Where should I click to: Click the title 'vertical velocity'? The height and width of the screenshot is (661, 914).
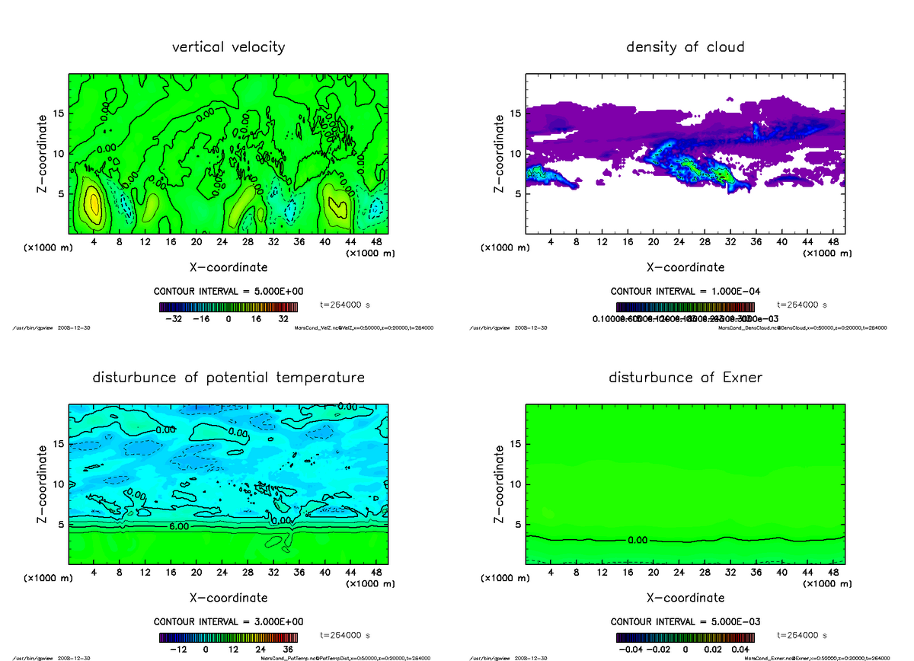click(x=228, y=47)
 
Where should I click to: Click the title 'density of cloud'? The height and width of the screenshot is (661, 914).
click(x=685, y=47)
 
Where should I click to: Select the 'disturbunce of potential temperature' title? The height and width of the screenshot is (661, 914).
click(x=228, y=378)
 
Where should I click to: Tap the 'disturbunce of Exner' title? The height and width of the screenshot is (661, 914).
click(x=685, y=378)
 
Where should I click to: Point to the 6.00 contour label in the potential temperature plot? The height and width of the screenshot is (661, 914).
click(x=174, y=526)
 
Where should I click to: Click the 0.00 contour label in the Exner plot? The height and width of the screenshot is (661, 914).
click(x=638, y=540)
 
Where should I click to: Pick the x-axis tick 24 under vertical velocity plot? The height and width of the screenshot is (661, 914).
click(x=222, y=242)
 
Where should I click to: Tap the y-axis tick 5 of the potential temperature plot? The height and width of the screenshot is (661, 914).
click(x=60, y=524)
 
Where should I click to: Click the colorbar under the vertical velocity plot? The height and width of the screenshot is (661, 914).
click(x=228, y=308)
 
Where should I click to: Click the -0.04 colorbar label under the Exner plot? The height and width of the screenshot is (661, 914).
click(x=634, y=650)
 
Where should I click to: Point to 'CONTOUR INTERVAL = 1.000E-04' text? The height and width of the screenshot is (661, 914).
click(x=685, y=292)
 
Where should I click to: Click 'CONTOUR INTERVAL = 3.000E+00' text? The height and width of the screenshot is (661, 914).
click(x=228, y=621)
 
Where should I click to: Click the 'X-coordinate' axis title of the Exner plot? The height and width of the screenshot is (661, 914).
click(x=685, y=598)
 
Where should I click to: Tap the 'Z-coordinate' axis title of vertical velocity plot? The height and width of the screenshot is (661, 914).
click(x=43, y=154)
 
